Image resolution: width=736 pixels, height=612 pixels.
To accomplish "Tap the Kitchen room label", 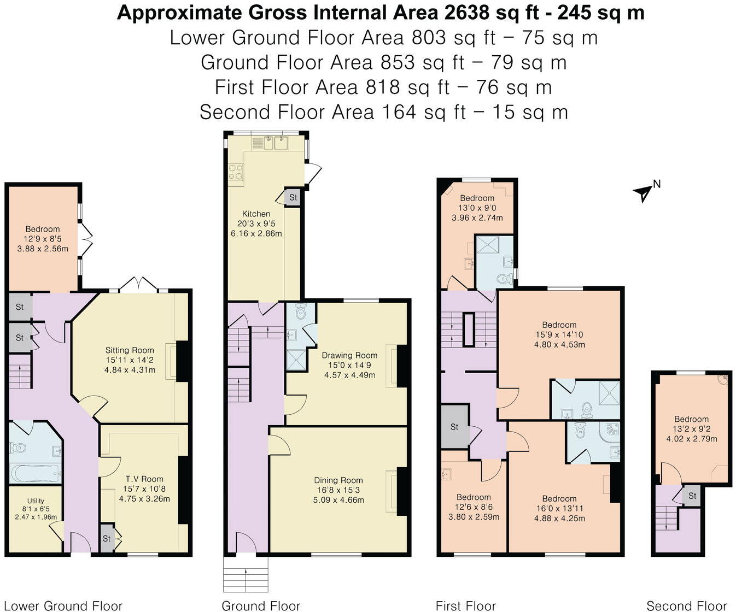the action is coord(256,214).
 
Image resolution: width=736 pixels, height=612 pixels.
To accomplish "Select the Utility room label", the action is coord(36,501).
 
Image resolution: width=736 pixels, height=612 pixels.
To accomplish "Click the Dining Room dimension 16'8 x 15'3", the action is coord(338,490).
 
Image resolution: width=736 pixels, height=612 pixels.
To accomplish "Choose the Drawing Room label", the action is coord(349,355).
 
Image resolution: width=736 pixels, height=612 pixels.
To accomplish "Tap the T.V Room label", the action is coord(144,479).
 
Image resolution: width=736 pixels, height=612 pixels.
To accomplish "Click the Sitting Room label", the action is coord(130,350).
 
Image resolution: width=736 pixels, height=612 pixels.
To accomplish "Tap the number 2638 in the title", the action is coord(466,13).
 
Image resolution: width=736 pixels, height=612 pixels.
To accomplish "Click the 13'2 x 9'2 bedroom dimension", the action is coord(691,429).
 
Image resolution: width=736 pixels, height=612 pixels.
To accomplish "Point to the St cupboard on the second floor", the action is coord(692,496).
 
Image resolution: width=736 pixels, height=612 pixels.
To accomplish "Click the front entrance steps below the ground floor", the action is coord(246,574).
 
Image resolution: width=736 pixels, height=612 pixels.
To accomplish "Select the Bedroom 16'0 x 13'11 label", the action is coord(559,498).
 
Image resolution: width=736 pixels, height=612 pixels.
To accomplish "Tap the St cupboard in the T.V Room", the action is coord(107,538).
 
